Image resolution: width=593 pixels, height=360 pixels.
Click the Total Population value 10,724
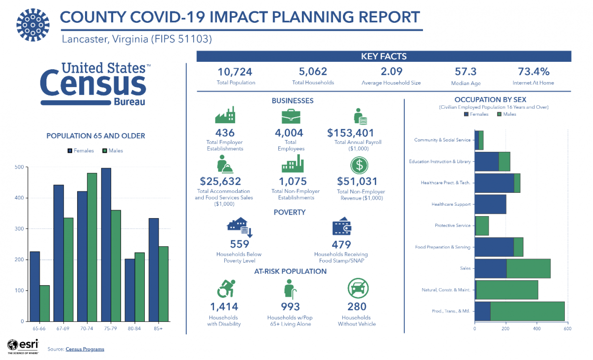click(x=236, y=72)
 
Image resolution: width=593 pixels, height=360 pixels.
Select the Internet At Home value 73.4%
click(x=533, y=72)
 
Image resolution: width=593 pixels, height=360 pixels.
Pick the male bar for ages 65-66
click(x=44, y=303)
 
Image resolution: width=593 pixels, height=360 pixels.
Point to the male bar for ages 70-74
click(x=92, y=247)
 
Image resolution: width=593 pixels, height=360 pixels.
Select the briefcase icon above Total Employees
click(x=291, y=117)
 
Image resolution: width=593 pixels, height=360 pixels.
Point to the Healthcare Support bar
click(x=490, y=204)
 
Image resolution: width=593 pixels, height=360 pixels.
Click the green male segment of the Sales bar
click(x=528, y=269)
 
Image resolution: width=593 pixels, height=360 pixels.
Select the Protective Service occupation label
click(x=453, y=225)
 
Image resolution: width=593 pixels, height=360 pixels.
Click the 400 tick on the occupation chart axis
click(x=536, y=328)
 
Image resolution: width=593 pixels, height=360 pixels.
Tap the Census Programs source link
click(x=85, y=349)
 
